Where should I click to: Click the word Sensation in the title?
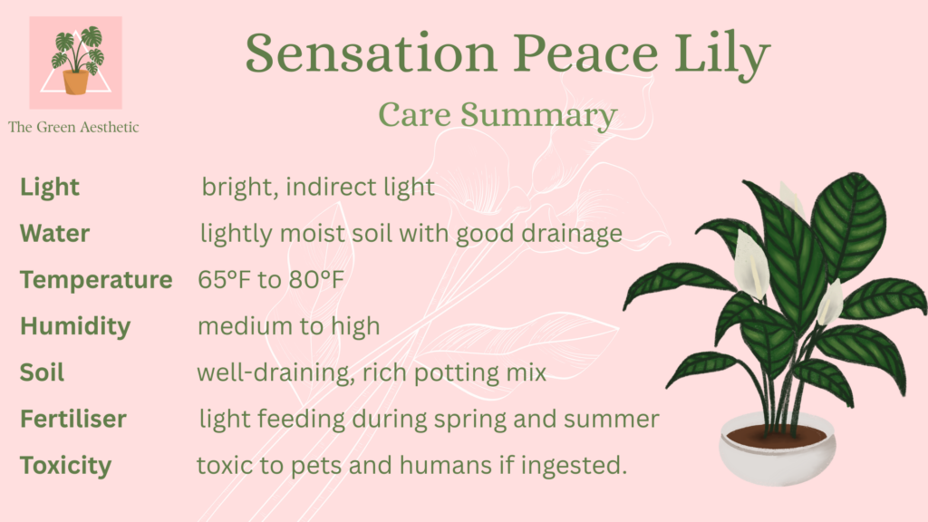371,53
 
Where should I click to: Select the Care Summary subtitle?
498,115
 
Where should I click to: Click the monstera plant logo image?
76,63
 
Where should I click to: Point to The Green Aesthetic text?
73,127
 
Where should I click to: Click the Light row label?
50,188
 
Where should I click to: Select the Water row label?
54,233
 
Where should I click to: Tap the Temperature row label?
96,280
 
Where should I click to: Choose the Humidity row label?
75,326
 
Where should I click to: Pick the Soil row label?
42,372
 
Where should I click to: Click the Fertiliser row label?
73,419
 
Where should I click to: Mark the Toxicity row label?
65,466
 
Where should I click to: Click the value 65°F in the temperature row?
225,279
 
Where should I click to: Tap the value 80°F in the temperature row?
316,279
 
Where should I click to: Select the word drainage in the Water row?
572,235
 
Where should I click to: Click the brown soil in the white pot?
776,436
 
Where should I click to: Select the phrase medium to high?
289,326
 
